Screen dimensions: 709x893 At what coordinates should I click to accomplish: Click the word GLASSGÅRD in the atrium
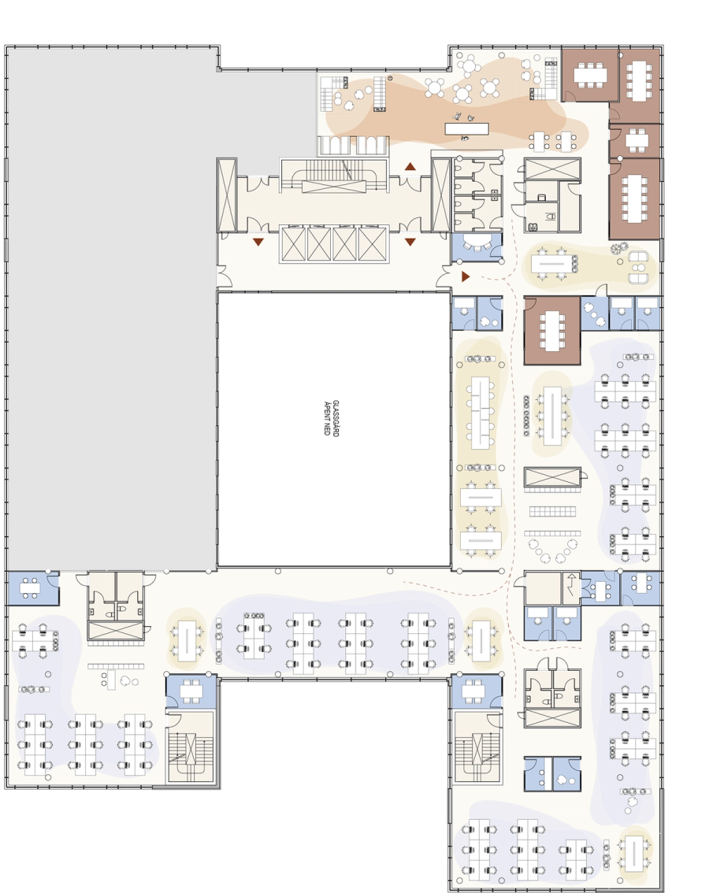(x=336, y=418)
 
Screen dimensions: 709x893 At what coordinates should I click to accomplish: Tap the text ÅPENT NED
(x=327, y=419)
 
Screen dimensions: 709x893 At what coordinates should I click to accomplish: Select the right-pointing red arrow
(x=466, y=276)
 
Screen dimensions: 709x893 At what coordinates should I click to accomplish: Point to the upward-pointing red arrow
(x=410, y=167)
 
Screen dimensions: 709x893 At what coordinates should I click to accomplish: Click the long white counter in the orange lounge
(x=467, y=128)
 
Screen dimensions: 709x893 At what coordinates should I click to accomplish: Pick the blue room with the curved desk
(x=477, y=247)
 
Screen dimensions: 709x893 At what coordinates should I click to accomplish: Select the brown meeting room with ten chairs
(x=635, y=198)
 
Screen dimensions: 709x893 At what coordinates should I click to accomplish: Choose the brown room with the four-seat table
(x=636, y=141)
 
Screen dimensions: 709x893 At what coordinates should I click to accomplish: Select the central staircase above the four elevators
(x=333, y=176)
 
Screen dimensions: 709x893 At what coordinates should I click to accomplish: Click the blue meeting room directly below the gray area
(x=32, y=587)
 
